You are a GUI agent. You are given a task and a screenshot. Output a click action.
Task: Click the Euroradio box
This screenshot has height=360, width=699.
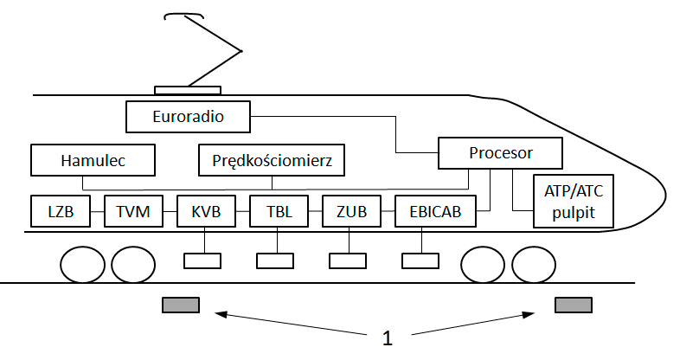coord(188,115)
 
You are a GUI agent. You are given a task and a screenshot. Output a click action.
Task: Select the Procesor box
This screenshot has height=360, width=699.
coord(500,153)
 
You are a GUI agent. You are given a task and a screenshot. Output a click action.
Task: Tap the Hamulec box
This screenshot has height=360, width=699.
coord(93,161)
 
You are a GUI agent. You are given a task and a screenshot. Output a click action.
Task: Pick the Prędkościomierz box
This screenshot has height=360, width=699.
coord(272,161)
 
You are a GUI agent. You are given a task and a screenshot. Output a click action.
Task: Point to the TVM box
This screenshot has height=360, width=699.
coord(133,211)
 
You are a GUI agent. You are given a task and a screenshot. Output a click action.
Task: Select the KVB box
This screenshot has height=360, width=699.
coord(205,211)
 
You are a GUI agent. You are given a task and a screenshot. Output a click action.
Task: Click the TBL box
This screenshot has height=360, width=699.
coord(278,211)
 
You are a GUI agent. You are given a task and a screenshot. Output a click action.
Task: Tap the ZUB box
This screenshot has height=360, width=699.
coord(350,211)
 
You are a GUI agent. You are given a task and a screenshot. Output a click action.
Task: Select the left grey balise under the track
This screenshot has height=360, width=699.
coord(180,304)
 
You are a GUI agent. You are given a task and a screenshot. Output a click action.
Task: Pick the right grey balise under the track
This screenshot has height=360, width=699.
coord(573,304)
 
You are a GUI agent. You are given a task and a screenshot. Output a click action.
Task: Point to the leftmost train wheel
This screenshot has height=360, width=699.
coord(82,265)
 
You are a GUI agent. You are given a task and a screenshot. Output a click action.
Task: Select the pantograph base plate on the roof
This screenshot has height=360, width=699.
coord(187,90)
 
